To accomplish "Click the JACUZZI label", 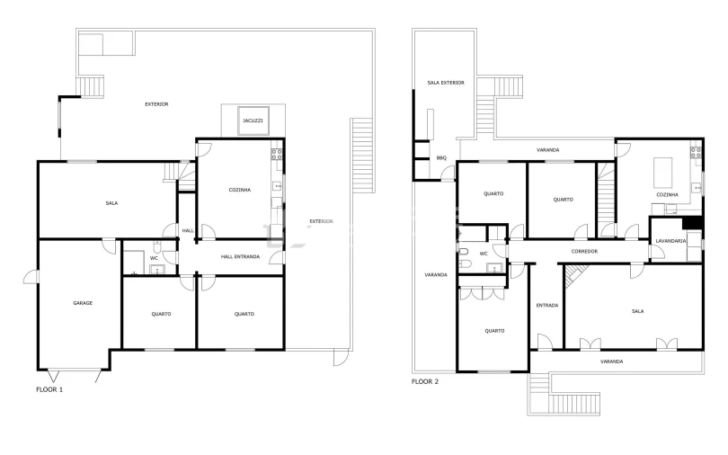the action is tap(253, 120).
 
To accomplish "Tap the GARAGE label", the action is tap(83, 303).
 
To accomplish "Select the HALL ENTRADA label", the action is tap(240, 257).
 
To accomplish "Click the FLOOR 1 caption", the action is tap(49, 389).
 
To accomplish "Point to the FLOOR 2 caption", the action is tap(425, 381).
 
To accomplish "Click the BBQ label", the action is tap(441, 158).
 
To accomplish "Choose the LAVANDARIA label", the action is tap(670, 241).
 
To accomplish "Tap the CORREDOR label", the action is tap(584, 251).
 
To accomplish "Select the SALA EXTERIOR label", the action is tap(446, 83).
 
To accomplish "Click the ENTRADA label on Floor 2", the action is tap(547, 306).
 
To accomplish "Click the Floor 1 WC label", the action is tap(154, 258).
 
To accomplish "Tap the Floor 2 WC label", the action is tap(484, 254).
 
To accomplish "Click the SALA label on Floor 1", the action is tap(111, 203).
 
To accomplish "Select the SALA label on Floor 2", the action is tap(637, 311).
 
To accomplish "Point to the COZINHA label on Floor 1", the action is tap(240, 190).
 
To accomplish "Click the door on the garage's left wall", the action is tap(31, 277).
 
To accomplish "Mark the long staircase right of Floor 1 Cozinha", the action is tap(362, 155).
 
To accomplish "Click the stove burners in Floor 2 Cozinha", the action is tap(696, 152).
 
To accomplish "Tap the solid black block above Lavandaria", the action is tap(692, 223).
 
